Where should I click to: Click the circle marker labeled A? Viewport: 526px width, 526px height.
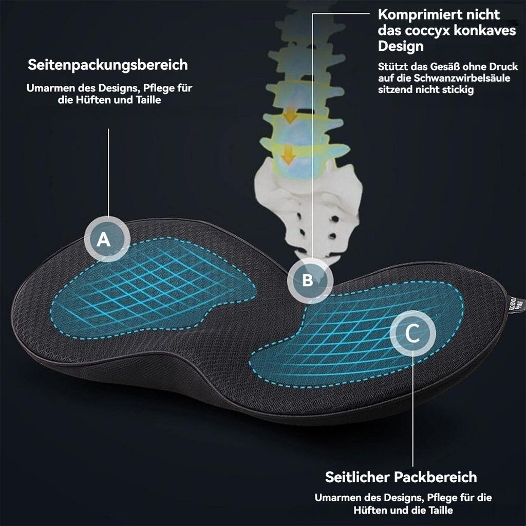(107, 239)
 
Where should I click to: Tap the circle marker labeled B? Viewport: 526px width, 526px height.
(310, 280)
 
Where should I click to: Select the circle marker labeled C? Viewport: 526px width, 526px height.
(413, 333)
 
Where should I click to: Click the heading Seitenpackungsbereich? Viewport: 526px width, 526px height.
(108, 65)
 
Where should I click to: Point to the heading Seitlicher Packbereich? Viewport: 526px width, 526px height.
(401, 477)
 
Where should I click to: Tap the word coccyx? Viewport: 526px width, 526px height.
(426, 30)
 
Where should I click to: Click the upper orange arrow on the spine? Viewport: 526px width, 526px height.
(290, 116)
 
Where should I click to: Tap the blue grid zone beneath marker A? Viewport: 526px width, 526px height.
(152, 288)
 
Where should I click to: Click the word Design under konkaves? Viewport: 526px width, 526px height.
(401, 46)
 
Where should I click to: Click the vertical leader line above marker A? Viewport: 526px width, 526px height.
(109, 173)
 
